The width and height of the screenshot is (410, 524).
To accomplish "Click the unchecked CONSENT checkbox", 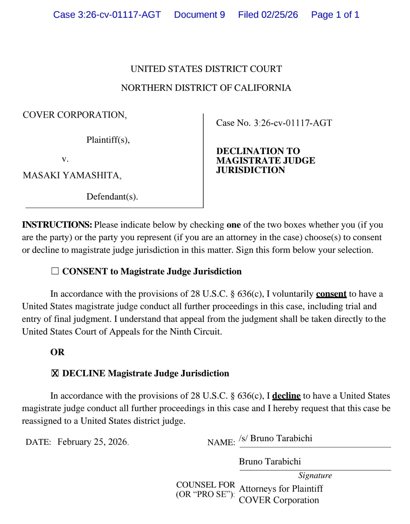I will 55,271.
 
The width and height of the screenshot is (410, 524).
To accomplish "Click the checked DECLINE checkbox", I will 55,373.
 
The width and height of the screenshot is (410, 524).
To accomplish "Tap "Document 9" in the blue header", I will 199,15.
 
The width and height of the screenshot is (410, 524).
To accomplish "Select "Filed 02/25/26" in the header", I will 268,15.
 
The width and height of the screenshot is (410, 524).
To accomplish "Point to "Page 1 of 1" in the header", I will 335,15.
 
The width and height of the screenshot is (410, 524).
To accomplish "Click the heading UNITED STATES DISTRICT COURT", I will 206,69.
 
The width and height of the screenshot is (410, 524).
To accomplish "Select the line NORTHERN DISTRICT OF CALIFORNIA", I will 206,88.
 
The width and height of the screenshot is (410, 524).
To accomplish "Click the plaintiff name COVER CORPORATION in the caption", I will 75,115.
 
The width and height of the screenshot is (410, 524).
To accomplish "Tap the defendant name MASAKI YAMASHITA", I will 72,175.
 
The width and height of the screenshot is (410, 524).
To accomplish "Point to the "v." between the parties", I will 65,159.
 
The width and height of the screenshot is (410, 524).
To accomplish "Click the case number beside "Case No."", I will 293,123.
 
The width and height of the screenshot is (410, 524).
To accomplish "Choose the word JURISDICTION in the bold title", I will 250,170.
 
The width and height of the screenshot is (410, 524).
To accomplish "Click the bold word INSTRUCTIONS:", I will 57,225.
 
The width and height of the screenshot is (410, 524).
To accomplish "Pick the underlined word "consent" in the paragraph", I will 331,294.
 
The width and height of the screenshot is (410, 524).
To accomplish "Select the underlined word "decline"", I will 286,396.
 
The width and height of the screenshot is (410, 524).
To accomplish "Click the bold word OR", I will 57,352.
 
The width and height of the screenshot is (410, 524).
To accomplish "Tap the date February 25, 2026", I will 92,442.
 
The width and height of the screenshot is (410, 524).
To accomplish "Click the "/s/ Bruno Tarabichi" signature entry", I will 276,438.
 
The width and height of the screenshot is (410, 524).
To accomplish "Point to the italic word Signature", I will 315,475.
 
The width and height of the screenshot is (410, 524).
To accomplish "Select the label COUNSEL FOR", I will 206,485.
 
